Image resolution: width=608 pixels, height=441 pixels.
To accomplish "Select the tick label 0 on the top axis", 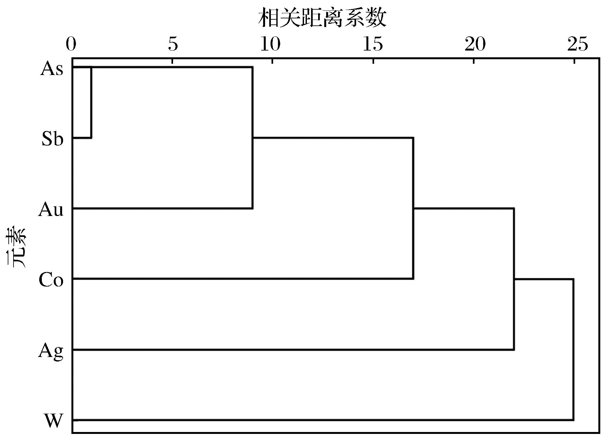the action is (x=71, y=44).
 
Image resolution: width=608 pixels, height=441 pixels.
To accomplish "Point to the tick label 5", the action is (x=173, y=44).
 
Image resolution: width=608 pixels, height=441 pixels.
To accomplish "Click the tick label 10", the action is (x=271, y=44).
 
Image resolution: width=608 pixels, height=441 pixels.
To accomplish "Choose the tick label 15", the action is (x=373, y=44).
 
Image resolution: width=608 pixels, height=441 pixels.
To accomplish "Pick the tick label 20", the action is (x=475, y=44).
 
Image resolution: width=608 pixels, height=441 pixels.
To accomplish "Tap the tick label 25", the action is (x=577, y=44).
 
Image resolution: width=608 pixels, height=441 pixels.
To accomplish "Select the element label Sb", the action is (x=52, y=139).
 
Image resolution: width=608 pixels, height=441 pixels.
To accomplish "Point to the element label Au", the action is (x=51, y=210).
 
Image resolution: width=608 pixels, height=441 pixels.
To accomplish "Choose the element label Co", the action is (x=51, y=280).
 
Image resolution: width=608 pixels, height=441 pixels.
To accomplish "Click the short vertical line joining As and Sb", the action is (x=91, y=103).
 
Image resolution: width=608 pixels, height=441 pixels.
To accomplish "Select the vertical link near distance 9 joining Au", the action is (x=252, y=138).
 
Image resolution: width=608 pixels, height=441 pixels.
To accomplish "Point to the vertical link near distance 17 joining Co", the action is (x=413, y=208).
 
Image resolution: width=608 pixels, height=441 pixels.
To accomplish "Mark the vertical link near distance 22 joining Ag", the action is (x=514, y=279).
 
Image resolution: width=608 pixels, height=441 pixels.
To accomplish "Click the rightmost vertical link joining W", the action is (x=573, y=350).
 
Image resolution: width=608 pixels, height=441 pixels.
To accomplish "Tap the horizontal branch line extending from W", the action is (x=323, y=420).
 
